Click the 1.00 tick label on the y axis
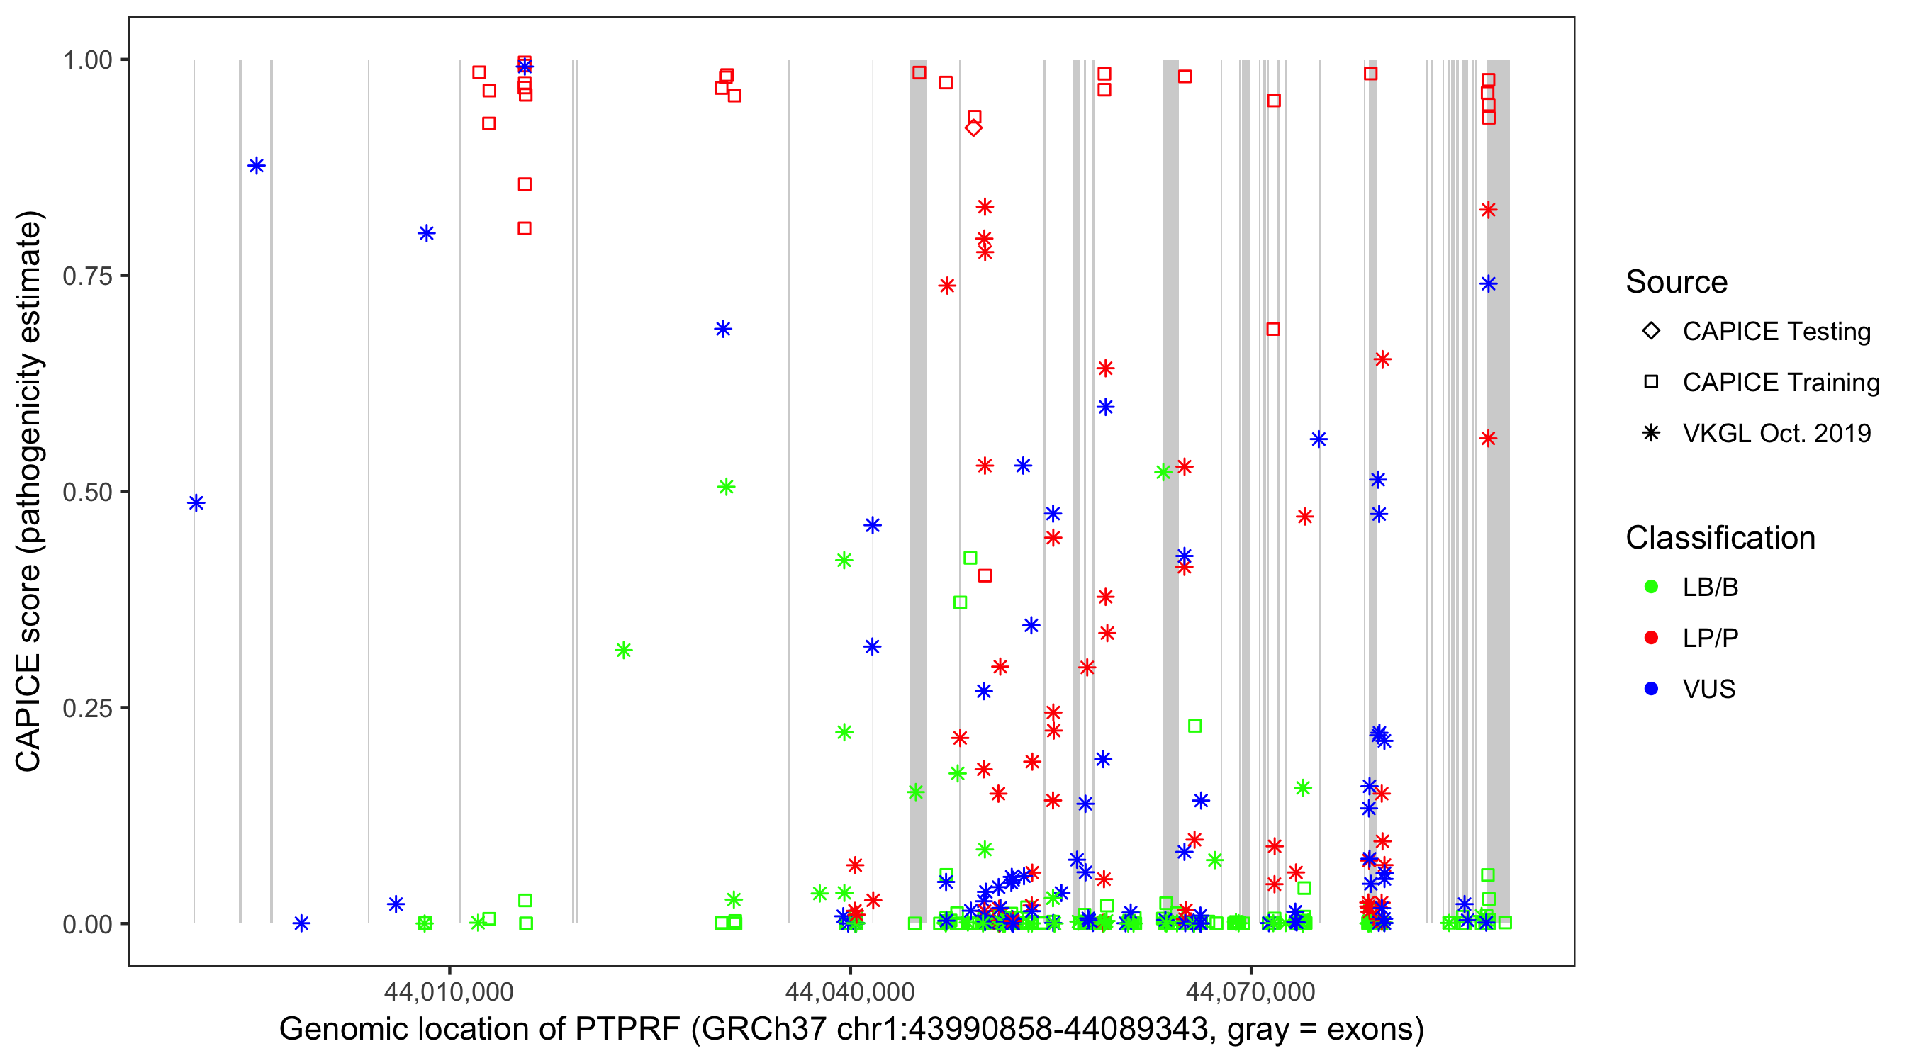tap(87, 60)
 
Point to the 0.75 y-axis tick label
tap(87, 276)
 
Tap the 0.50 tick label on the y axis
tap(87, 493)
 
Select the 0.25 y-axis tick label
tap(87, 709)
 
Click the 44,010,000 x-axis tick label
tap(449, 991)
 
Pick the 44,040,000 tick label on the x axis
tap(850, 991)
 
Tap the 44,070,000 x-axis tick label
tap(1250, 991)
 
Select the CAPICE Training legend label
tap(1780, 383)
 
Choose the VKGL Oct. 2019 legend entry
tap(1776, 434)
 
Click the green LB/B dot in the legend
tap(1651, 587)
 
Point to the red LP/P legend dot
tap(1651, 638)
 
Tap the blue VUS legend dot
tap(1651, 690)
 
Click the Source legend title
tap(1677, 282)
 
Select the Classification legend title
tap(1720, 538)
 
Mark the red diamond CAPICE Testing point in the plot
tap(973, 128)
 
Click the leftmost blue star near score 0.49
tap(196, 504)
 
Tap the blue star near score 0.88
tap(257, 166)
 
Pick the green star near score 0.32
tap(623, 651)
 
